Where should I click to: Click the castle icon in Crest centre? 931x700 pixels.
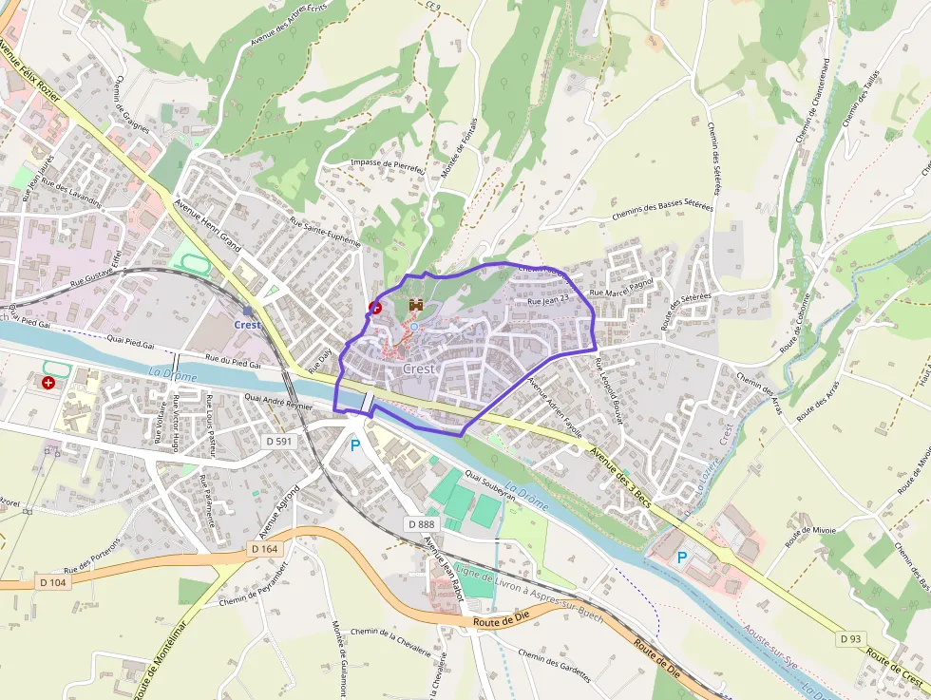click(415, 305)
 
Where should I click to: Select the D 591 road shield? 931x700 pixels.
click(280, 442)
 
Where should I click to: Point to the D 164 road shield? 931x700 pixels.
click(266, 549)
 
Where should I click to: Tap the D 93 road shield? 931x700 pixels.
click(851, 639)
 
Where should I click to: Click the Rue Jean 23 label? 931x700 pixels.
click(547, 300)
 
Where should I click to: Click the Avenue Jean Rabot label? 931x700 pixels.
click(439, 565)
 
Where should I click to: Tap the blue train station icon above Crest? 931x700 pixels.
click(247, 311)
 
